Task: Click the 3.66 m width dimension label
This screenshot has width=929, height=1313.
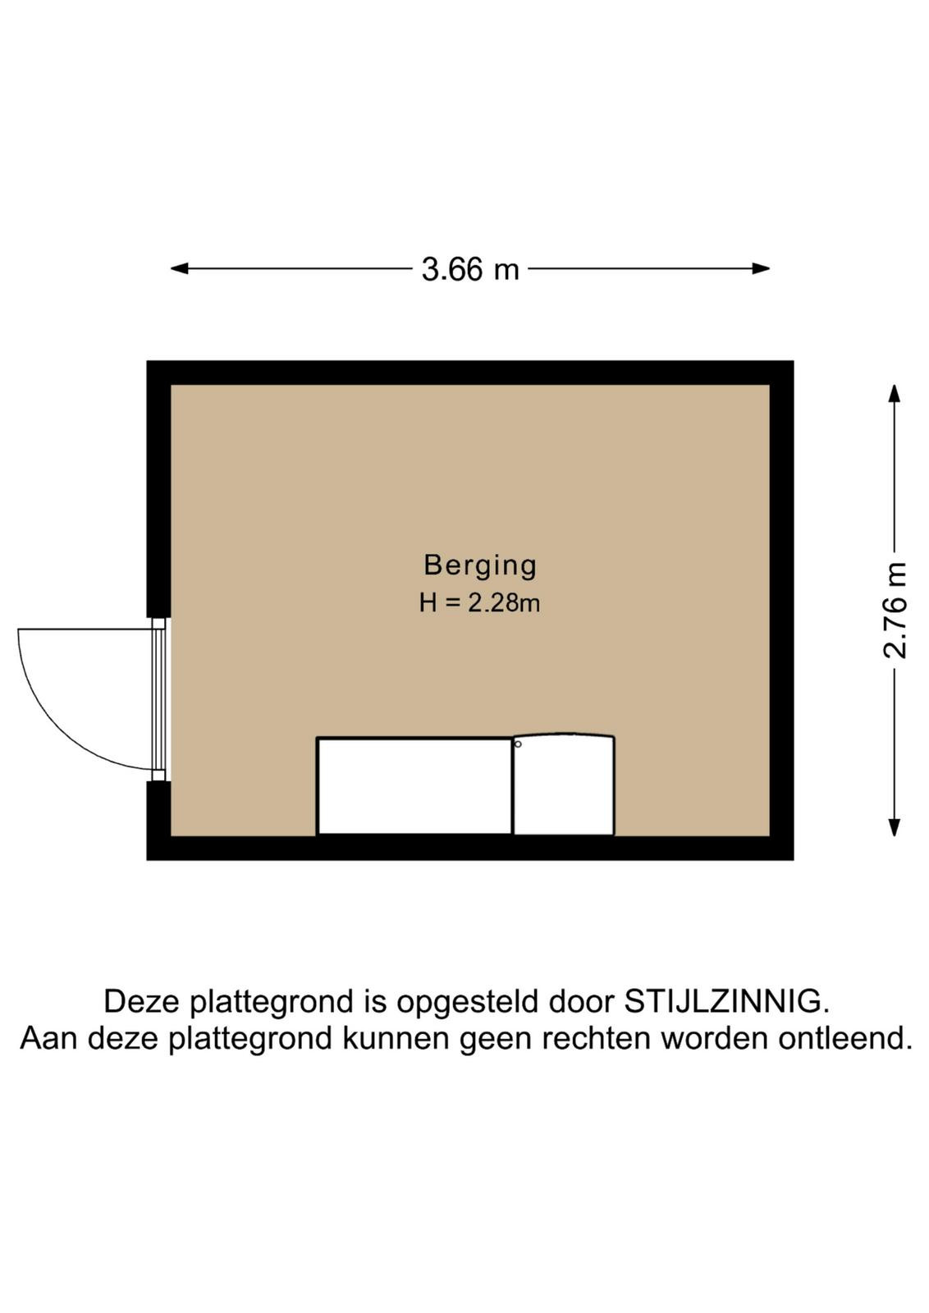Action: coord(470,270)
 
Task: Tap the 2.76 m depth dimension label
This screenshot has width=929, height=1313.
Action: coord(895,611)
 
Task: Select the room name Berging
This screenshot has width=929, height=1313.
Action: coord(480,565)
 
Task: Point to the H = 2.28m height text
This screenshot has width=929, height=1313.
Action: coord(479,603)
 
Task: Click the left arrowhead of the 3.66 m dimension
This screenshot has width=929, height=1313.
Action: coord(179,268)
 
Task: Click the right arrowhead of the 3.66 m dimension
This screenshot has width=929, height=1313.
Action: coord(761,268)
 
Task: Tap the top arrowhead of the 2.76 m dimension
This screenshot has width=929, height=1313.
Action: coord(894,393)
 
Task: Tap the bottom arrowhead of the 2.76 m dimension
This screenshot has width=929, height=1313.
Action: coord(894,827)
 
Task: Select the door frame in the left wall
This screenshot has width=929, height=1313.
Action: coord(158,699)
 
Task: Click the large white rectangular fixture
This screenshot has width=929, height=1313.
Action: coord(414,785)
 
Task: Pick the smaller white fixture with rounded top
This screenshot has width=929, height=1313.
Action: coord(563,785)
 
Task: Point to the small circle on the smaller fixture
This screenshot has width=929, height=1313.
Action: coord(518,744)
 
